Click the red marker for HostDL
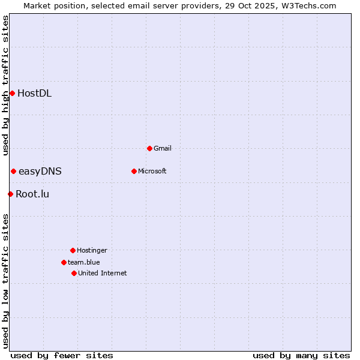(x=12, y=93)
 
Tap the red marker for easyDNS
(x=13, y=172)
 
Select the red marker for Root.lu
(x=10, y=194)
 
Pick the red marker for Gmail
(x=149, y=148)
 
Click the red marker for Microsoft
(x=134, y=171)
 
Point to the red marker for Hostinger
(x=73, y=250)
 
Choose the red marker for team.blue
(x=64, y=262)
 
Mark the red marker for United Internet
(x=74, y=273)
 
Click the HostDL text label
(x=34, y=93)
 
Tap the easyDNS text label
(x=40, y=172)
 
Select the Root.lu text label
(x=32, y=194)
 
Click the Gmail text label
(x=163, y=148)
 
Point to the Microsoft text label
(x=152, y=171)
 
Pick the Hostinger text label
(x=92, y=250)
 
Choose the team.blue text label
(x=84, y=262)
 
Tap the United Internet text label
(x=103, y=273)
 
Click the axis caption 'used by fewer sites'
(x=62, y=355)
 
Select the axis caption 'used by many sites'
(x=301, y=355)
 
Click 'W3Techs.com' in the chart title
(x=310, y=5)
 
